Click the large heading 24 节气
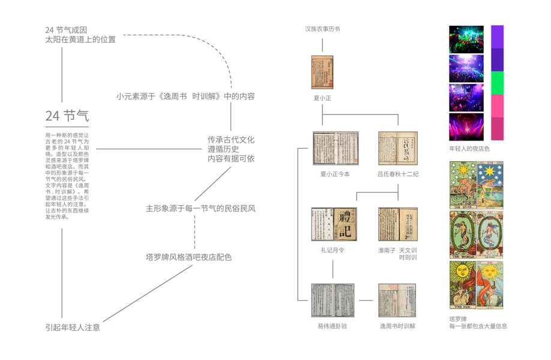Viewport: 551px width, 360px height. point(67,115)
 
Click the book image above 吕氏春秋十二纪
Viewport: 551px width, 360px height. point(398,148)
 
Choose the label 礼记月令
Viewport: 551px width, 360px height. point(333,250)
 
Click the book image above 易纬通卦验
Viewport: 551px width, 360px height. point(333,301)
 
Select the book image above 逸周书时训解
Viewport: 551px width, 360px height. point(397,301)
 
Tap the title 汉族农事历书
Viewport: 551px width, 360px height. point(322,29)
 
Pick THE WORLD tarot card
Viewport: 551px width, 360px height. point(463,235)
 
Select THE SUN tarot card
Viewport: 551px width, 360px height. point(463,284)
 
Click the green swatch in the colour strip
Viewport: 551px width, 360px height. point(497,83)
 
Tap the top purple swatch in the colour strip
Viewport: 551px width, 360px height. point(497,37)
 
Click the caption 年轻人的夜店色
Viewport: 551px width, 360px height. point(469,148)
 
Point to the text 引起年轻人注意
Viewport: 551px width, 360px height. point(73,328)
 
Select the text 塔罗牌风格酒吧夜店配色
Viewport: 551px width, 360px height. point(188,257)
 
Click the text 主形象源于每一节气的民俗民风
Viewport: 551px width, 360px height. point(200,209)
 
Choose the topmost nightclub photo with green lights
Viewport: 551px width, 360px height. point(466,39)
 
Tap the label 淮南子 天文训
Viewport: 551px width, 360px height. point(397,250)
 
